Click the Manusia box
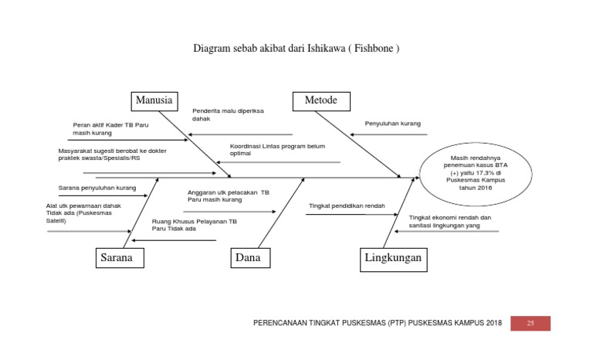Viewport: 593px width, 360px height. (x=154, y=101)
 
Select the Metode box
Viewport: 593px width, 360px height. (x=320, y=101)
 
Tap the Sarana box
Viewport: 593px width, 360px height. (x=120, y=258)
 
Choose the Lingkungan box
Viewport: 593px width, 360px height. (x=394, y=258)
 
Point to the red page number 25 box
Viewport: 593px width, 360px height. (x=530, y=323)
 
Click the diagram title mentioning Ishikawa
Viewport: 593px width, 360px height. (x=296, y=49)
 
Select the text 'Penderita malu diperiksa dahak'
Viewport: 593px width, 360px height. (x=228, y=115)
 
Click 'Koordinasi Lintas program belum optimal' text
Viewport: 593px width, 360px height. (x=277, y=150)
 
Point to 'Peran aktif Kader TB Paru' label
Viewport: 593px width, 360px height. (x=110, y=129)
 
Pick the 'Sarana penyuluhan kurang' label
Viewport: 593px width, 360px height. (x=97, y=188)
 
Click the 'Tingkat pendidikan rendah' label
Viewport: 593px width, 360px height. (x=347, y=206)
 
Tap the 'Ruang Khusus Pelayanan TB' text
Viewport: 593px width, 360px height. (x=194, y=225)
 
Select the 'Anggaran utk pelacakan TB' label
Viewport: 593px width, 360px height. (x=228, y=196)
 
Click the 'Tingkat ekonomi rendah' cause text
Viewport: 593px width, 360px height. (x=450, y=222)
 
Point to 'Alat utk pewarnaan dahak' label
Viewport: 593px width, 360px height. (x=84, y=213)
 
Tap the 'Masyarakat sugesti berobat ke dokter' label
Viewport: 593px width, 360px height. (x=111, y=155)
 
